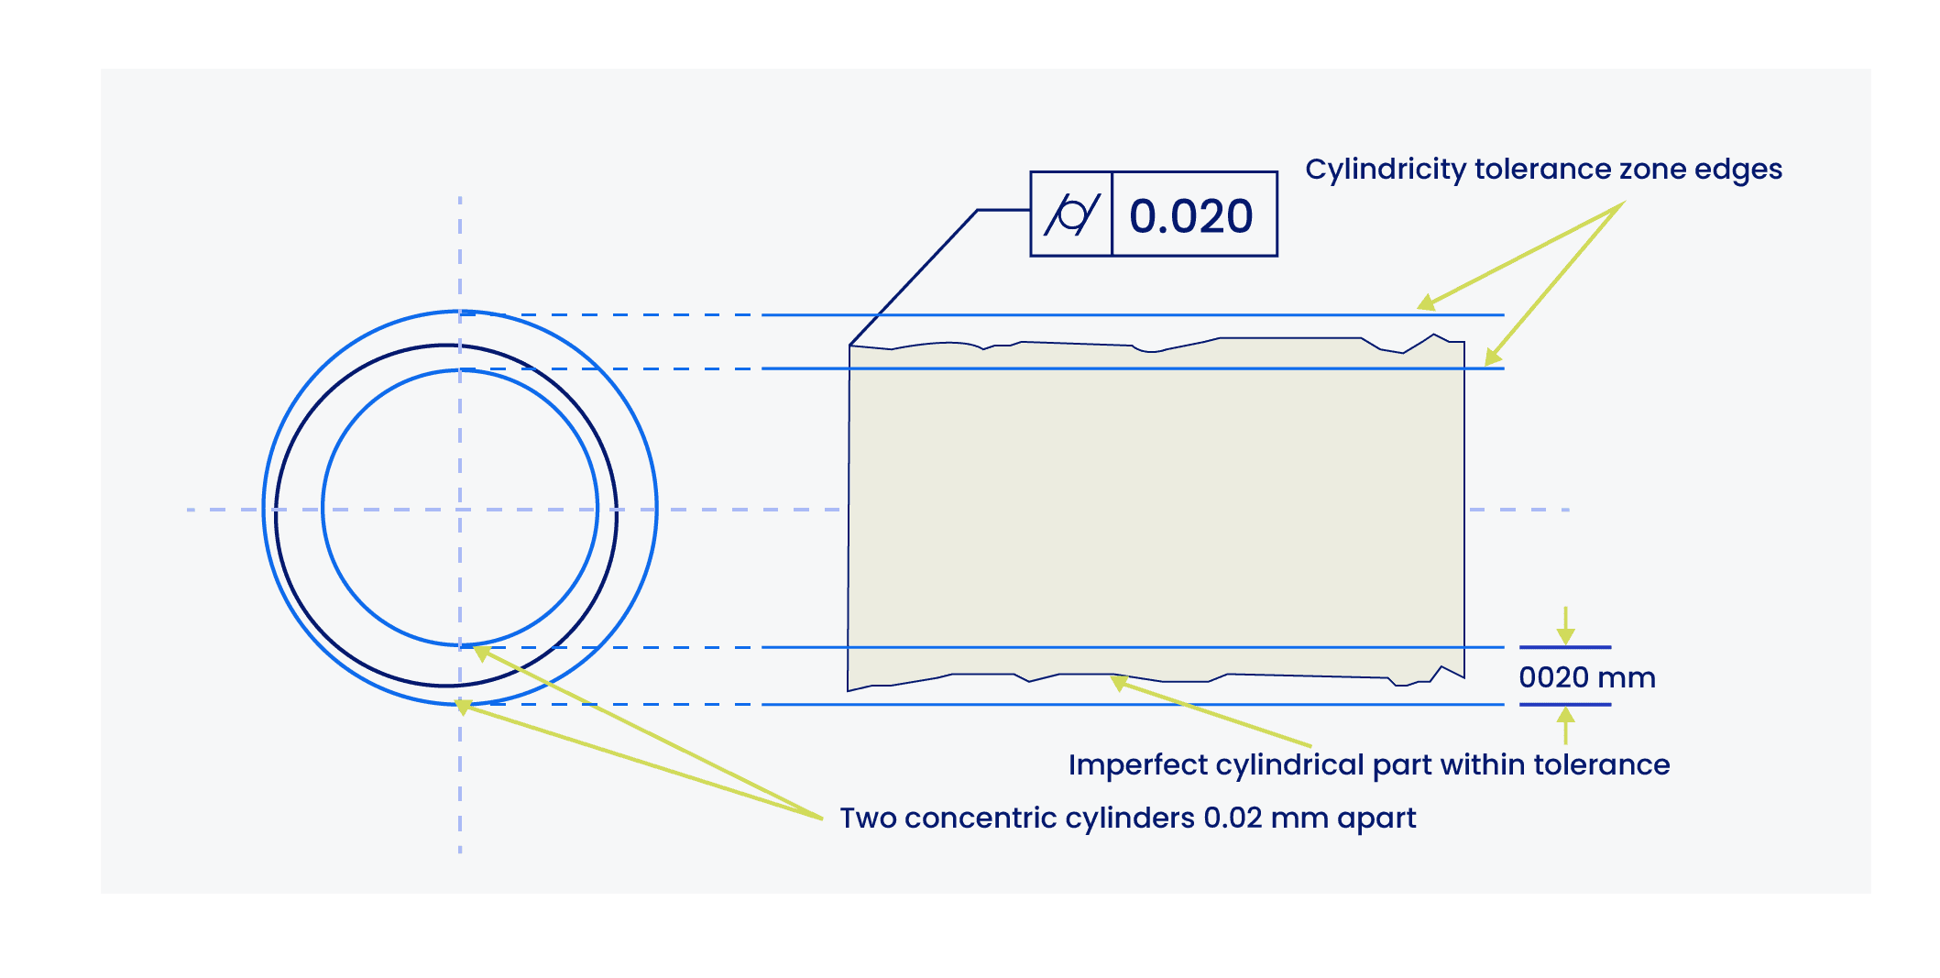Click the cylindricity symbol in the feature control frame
click(x=1072, y=214)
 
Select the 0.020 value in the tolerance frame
click(x=1190, y=216)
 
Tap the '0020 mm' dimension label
click(x=1587, y=677)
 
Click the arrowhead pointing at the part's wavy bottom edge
click(x=1118, y=682)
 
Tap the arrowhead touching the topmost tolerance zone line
click(x=1426, y=302)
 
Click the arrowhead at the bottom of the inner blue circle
click(x=481, y=653)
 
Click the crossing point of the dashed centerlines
click(x=460, y=510)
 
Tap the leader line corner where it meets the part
click(x=850, y=346)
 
